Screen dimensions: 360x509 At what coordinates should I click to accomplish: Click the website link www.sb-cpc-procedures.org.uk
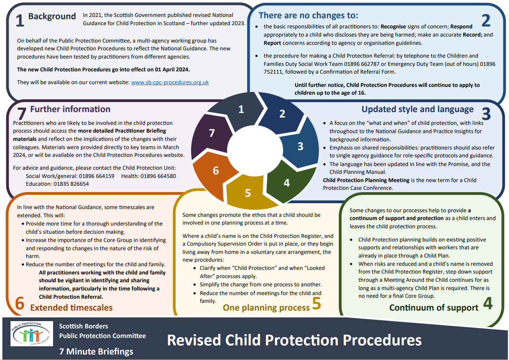pyautogui.click(x=170, y=82)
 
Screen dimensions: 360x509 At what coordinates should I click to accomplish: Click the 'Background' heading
pyautogui.click(x=52, y=16)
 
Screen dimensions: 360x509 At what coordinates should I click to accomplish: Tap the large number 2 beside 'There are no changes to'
pyautogui.click(x=486, y=20)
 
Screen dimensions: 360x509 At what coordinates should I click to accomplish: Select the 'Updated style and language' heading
pyautogui.click(x=418, y=109)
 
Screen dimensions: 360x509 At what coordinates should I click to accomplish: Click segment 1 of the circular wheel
pyautogui.click(x=241, y=109)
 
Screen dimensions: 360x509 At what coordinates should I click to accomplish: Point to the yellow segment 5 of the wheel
pyautogui.click(x=247, y=193)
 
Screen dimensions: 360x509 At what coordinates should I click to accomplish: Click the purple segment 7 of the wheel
pyautogui.click(x=212, y=133)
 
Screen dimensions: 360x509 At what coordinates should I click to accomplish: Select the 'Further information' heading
pyautogui.click(x=70, y=109)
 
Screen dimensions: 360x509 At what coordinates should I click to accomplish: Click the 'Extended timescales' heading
pyautogui.click(x=71, y=307)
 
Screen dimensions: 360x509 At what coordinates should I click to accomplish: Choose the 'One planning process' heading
pyautogui.click(x=266, y=307)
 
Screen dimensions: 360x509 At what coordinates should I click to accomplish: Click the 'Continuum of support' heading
pyautogui.click(x=434, y=307)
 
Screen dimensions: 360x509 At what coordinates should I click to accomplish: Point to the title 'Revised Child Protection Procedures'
pyautogui.click(x=294, y=340)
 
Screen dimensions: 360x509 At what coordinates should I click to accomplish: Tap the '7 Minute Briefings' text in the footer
pyautogui.click(x=96, y=351)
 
